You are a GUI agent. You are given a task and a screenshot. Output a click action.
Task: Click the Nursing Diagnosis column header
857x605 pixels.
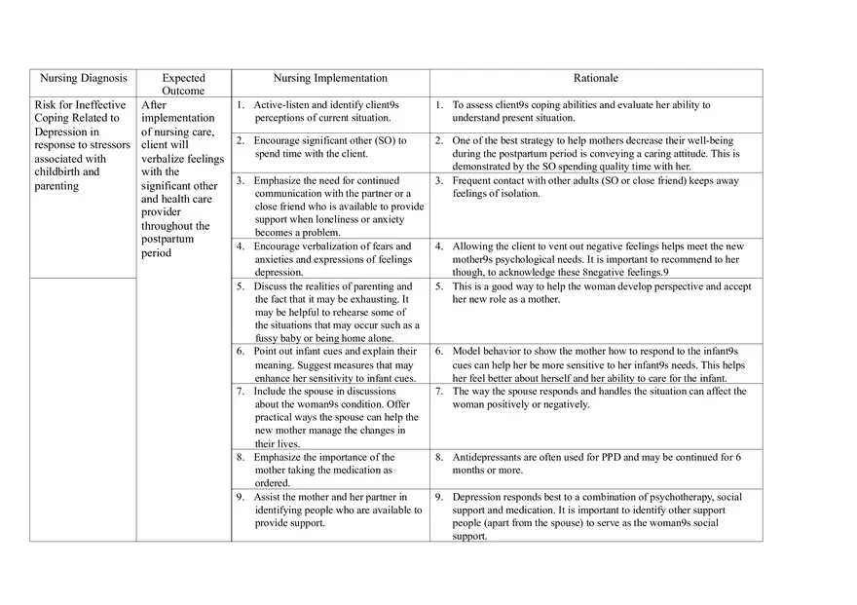[83, 78]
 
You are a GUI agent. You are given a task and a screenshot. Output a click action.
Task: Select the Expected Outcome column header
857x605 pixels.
[183, 84]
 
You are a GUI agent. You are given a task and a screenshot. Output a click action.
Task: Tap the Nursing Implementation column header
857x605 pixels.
[330, 78]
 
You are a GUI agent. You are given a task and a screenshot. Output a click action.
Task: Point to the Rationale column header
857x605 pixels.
[595, 78]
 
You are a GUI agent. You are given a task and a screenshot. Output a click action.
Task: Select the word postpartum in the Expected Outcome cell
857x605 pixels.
[168, 239]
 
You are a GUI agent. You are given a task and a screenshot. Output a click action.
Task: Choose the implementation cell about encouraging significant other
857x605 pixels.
[330, 147]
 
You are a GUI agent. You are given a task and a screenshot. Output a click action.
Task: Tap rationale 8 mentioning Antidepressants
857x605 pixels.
[596, 463]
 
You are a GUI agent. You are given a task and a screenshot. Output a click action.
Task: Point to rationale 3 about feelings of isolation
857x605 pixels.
[596, 187]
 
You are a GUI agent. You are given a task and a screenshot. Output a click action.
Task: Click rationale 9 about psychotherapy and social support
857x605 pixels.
[596, 516]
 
